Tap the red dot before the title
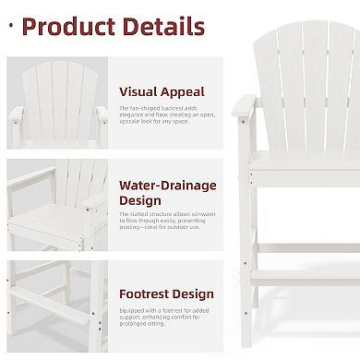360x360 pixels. point(11,26)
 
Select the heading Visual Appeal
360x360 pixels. point(162,91)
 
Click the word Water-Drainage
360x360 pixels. point(167,186)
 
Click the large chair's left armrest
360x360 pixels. point(242,105)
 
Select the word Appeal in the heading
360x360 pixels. point(186,91)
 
